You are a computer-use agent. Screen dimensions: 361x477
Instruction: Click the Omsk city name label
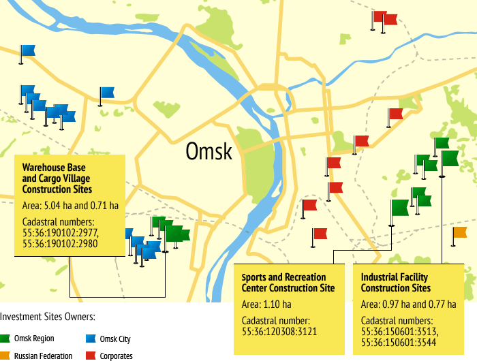pos(209,151)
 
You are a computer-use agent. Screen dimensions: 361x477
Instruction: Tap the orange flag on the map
pos(460,233)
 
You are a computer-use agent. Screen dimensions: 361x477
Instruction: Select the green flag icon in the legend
pos(5,339)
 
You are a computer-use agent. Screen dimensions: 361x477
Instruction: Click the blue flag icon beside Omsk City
pos(91,339)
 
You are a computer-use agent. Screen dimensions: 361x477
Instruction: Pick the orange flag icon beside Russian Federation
pos(5,356)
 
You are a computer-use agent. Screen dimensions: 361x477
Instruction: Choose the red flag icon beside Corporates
pos(91,356)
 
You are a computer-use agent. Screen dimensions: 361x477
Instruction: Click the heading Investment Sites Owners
pos(47,317)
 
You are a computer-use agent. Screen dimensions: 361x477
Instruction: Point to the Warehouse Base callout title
pos(57,178)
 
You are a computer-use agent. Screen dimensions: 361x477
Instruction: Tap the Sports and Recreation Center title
pos(283,283)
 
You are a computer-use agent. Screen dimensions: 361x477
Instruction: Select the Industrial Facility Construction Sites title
pos(395,283)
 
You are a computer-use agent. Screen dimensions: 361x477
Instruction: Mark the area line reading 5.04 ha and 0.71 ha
pos(70,205)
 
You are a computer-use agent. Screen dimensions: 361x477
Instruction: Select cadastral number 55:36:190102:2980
pos(60,242)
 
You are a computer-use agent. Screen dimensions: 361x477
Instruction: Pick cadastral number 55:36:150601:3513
pos(399,330)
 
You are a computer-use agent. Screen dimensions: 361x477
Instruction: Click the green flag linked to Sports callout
pos(399,207)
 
